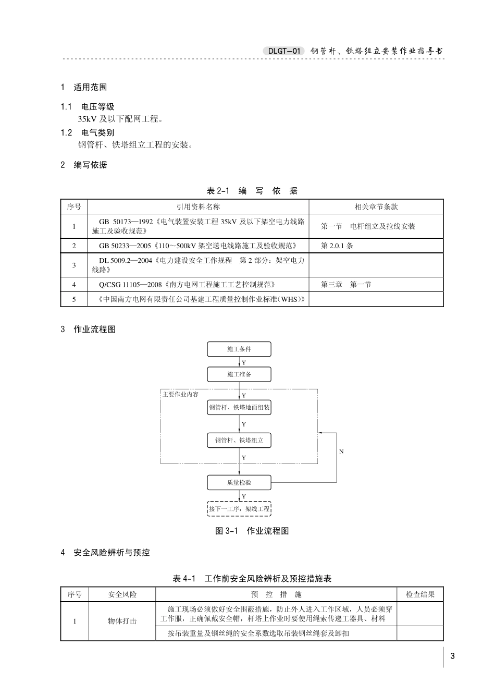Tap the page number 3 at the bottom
(452, 656)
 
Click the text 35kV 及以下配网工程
(120, 119)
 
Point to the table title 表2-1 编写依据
(252, 191)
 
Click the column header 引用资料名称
(198, 207)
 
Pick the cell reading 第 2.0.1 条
(337, 246)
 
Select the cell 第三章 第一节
(346, 285)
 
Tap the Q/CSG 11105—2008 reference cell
(187, 285)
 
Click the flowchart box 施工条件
(239, 349)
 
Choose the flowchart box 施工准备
(239, 374)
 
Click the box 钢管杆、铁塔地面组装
(239, 407)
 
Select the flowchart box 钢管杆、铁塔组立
(239, 441)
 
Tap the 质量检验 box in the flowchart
(239, 483)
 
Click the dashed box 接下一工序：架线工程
(239, 508)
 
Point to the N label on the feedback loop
(341, 451)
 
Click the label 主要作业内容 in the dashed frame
(180, 394)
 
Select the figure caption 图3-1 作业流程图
(252, 531)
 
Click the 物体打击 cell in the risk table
(122, 621)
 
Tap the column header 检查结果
(420, 594)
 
